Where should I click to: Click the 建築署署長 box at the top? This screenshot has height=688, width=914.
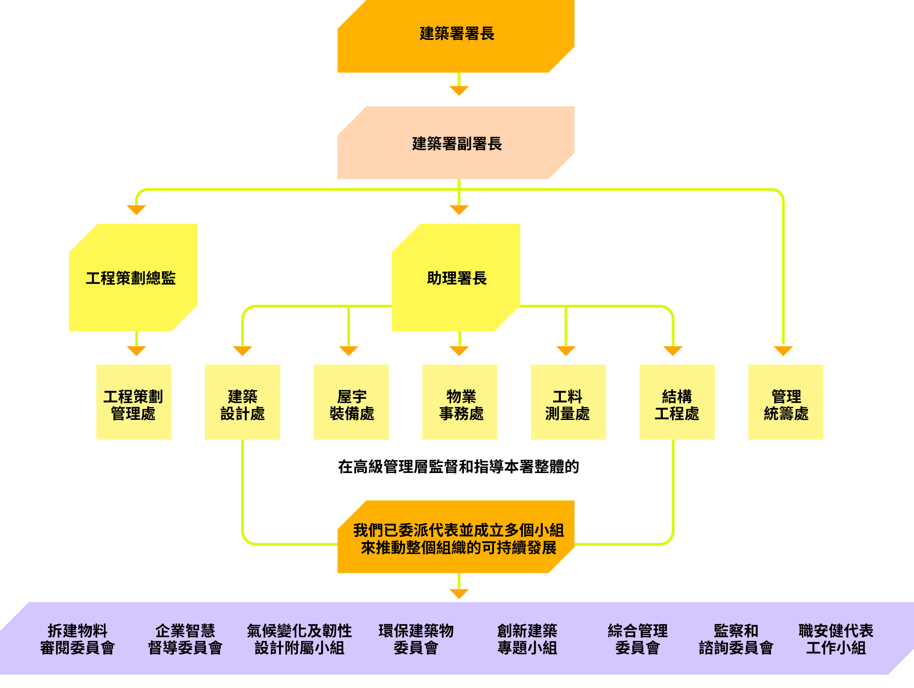click(x=456, y=36)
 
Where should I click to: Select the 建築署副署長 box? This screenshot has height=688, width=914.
click(x=456, y=143)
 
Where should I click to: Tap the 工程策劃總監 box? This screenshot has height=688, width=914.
click(x=133, y=278)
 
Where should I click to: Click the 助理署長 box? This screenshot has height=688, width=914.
click(x=456, y=278)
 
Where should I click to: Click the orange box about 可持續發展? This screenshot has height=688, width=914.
click(x=456, y=537)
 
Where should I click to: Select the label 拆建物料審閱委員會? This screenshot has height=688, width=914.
click(x=77, y=639)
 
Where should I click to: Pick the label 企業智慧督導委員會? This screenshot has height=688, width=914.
click(x=185, y=639)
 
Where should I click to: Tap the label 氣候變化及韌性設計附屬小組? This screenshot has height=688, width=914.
click(x=299, y=639)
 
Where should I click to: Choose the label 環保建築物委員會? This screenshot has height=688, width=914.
click(x=416, y=639)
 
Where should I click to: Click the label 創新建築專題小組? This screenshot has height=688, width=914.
click(x=527, y=639)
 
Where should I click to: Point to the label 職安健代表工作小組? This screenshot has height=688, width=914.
click(x=836, y=639)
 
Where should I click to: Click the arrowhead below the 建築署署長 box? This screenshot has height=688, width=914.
click(x=459, y=91)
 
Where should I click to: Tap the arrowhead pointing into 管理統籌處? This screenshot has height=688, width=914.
click(x=783, y=350)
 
